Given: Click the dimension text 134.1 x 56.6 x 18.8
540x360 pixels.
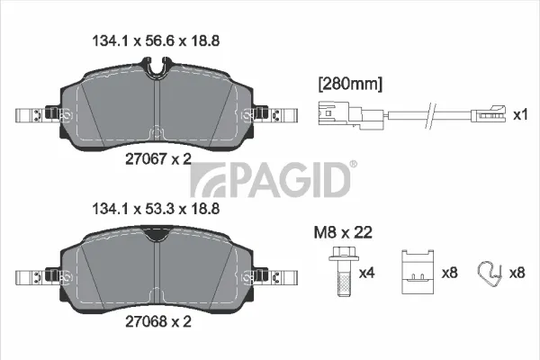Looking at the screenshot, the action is [156, 41].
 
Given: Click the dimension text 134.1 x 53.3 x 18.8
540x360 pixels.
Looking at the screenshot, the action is [156, 209].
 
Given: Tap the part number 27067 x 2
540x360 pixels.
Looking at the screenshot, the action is [158, 158].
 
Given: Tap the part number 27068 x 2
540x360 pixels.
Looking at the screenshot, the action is [158, 322].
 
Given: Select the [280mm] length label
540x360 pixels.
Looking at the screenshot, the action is [350, 84].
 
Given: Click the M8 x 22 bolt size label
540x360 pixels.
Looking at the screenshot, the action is [343, 233].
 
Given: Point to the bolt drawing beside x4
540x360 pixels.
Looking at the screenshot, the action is [344, 272].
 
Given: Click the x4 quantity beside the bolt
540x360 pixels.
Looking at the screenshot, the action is [366, 274].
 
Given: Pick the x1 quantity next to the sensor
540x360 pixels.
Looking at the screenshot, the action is [520, 114].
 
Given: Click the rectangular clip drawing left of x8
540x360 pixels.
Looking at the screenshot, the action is [418, 272].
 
